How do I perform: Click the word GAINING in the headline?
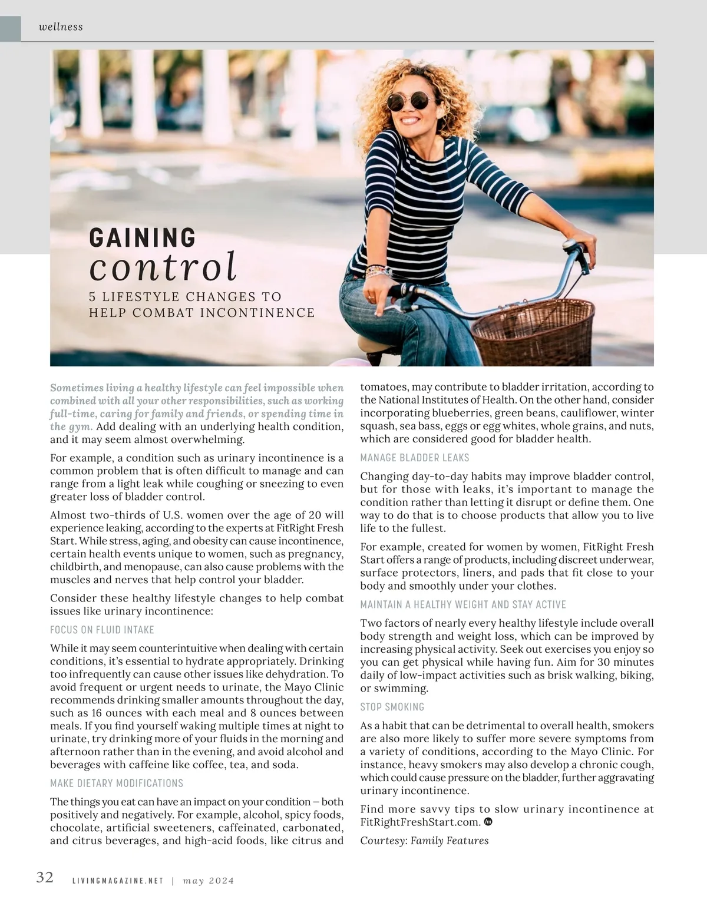142,237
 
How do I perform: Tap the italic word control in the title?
163,267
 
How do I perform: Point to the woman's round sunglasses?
409,101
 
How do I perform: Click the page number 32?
45,877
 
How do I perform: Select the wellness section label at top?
60,27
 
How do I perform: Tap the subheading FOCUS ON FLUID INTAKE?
102,630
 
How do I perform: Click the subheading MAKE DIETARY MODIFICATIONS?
117,783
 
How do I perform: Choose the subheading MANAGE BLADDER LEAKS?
415,458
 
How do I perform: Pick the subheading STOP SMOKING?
392,707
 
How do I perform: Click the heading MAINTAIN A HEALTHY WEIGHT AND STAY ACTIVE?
463,604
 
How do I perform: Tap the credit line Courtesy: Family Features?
424,841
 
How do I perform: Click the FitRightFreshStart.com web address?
420,822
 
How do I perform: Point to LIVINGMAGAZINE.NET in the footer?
117,881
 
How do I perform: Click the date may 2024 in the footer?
209,881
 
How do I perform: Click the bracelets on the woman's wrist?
377,272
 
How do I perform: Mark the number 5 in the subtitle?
93,297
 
